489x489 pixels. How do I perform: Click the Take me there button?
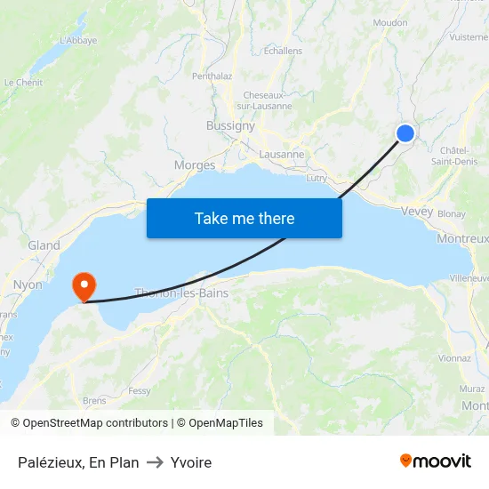(x=244, y=218)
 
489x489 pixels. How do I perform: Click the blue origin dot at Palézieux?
(x=405, y=133)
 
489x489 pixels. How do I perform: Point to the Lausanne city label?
(x=282, y=154)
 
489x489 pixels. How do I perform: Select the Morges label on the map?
(x=195, y=165)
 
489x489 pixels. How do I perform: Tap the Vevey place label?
(x=417, y=211)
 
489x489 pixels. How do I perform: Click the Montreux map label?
(x=462, y=239)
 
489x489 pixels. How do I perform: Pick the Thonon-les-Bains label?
(x=181, y=293)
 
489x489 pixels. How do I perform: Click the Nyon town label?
(x=28, y=285)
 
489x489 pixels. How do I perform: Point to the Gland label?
(x=44, y=245)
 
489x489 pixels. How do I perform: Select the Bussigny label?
(x=230, y=126)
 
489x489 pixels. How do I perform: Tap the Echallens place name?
(x=283, y=52)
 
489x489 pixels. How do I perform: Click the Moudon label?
(x=391, y=23)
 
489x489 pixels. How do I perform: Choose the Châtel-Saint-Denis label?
(x=453, y=156)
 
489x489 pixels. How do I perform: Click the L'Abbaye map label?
(x=78, y=40)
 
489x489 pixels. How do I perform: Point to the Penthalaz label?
(x=212, y=76)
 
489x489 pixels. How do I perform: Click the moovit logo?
(x=435, y=461)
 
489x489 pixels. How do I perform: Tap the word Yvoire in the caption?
(x=191, y=462)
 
